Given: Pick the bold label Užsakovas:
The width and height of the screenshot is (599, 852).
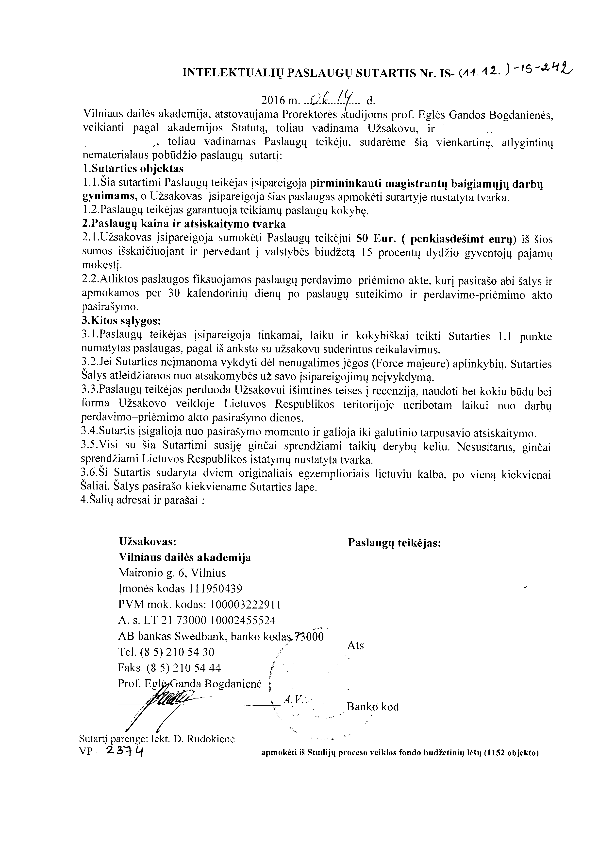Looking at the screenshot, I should pyautogui.click(x=147, y=542).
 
